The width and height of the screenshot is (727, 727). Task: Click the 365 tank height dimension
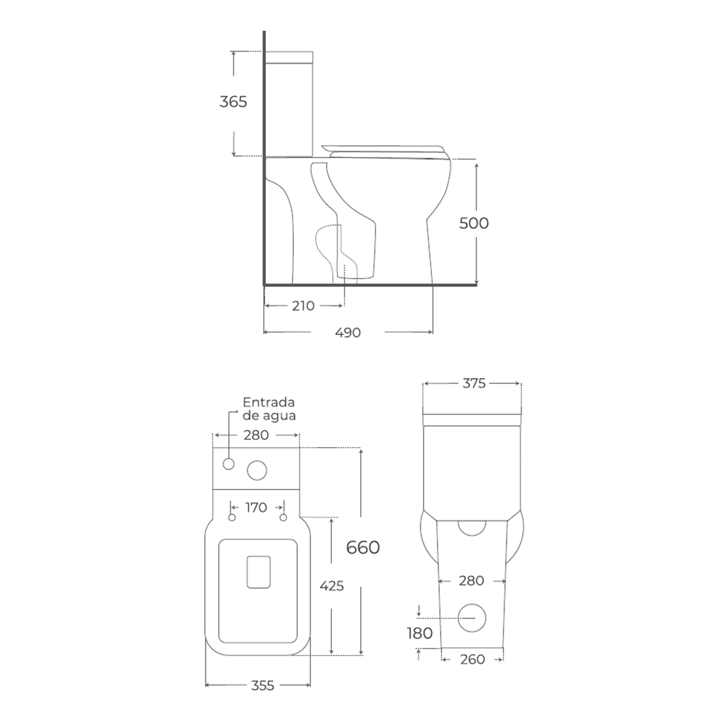233,102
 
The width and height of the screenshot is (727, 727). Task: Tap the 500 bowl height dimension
474,224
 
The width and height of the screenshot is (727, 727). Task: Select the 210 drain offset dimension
303,306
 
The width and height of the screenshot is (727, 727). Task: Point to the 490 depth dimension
348,333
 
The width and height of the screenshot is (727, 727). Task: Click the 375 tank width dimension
474,383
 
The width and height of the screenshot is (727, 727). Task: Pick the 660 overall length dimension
363,548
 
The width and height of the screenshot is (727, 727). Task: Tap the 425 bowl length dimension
331,586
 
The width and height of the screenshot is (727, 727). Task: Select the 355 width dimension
262,685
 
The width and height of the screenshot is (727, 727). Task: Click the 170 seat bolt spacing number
256,508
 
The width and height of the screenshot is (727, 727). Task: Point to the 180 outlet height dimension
419,634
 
